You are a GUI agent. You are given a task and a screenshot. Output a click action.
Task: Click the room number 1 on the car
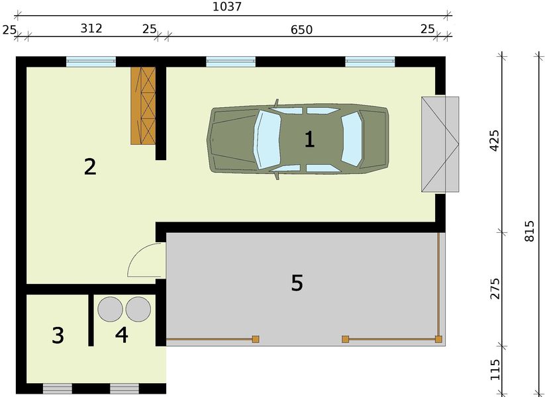309,139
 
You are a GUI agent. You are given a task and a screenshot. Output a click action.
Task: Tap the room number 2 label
90,166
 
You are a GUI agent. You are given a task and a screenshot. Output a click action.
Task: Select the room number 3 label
58,335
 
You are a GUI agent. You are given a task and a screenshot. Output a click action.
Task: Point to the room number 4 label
121,335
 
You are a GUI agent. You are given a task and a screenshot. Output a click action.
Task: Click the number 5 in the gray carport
297,283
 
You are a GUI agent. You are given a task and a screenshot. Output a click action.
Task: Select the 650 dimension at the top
300,29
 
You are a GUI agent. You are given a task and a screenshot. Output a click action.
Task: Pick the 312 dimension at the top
91,29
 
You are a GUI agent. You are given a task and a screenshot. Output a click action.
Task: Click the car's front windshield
268,138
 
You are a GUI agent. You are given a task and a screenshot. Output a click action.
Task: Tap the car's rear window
352,138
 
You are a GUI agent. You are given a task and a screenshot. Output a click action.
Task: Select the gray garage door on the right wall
440,144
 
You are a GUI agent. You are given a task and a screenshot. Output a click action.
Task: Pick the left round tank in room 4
110,309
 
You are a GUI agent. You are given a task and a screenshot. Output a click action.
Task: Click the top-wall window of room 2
91,62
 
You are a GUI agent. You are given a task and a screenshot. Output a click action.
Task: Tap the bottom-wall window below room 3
57,388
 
